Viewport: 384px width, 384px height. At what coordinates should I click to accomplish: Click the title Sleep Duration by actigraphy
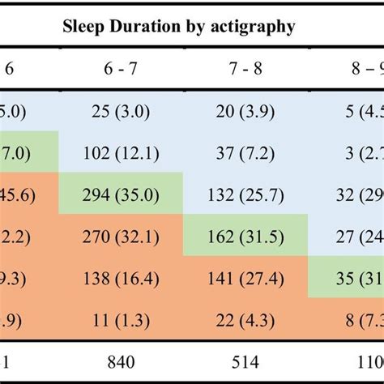(179, 27)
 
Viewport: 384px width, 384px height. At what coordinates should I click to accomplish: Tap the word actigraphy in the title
(254, 28)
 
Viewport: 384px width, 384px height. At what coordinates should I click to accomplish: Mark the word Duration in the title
(146, 27)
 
